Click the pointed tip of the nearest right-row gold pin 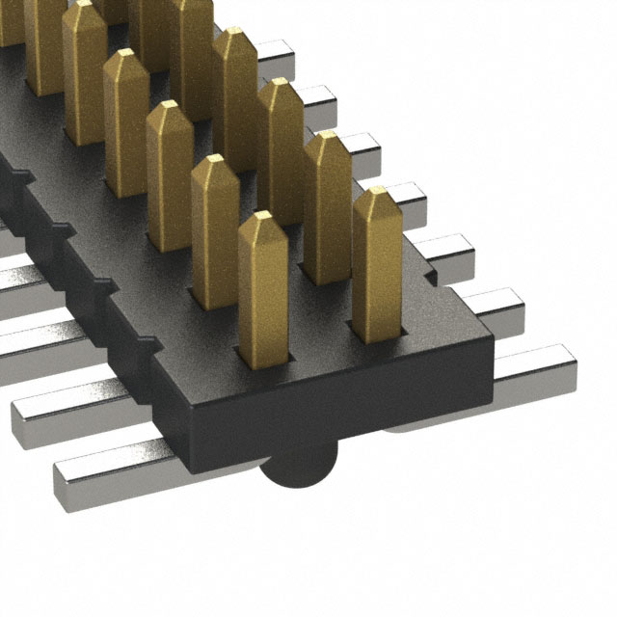pos(377,197)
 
